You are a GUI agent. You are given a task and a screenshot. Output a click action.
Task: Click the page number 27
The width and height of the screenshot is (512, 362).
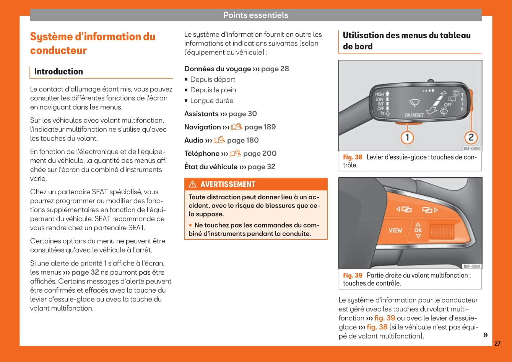click(x=497, y=344)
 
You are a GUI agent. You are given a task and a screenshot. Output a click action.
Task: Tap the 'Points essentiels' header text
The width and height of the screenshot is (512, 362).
click(x=255, y=15)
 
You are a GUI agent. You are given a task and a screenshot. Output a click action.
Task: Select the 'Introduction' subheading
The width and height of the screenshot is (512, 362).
click(x=59, y=72)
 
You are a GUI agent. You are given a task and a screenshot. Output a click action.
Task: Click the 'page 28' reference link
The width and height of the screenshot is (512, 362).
click(x=275, y=69)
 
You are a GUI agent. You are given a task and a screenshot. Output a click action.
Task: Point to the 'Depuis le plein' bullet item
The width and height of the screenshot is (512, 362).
click(x=213, y=90)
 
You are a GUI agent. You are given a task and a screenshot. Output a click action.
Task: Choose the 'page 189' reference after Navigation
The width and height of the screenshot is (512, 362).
click(x=260, y=127)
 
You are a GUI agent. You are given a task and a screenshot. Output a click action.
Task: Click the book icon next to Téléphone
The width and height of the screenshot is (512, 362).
click(x=235, y=153)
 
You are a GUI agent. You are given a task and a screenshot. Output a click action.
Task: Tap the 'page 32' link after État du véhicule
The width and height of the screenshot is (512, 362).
click(x=261, y=167)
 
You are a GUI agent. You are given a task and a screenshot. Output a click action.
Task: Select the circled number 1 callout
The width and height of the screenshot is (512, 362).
click(x=407, y=137)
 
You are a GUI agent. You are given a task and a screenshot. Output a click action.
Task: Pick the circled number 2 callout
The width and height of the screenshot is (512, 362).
click(x=471, y=137)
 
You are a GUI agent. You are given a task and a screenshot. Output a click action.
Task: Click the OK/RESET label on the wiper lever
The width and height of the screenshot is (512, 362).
click(x=414, y=115)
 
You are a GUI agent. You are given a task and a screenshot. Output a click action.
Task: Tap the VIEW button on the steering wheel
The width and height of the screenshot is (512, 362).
click(x=395, y=231)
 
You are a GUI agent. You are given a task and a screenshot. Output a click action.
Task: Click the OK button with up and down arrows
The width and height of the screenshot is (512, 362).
click(x=418, y=230)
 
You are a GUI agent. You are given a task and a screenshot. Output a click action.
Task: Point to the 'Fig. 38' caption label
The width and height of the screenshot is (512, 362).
click(x=353, y=157)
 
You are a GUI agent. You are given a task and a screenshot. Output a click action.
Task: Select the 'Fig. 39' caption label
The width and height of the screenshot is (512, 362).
click(x=353, y=275)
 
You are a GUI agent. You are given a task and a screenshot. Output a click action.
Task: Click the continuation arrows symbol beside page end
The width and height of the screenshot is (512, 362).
click(x=485, y=335)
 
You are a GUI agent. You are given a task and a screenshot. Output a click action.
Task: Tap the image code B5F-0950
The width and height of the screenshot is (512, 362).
click(x=471, y=148)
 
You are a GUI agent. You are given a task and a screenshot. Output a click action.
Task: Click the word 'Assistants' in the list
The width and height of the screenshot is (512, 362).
click(x=202, y=114)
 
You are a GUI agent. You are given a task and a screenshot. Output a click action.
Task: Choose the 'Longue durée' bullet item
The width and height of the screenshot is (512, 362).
click(x=211, y=101)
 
